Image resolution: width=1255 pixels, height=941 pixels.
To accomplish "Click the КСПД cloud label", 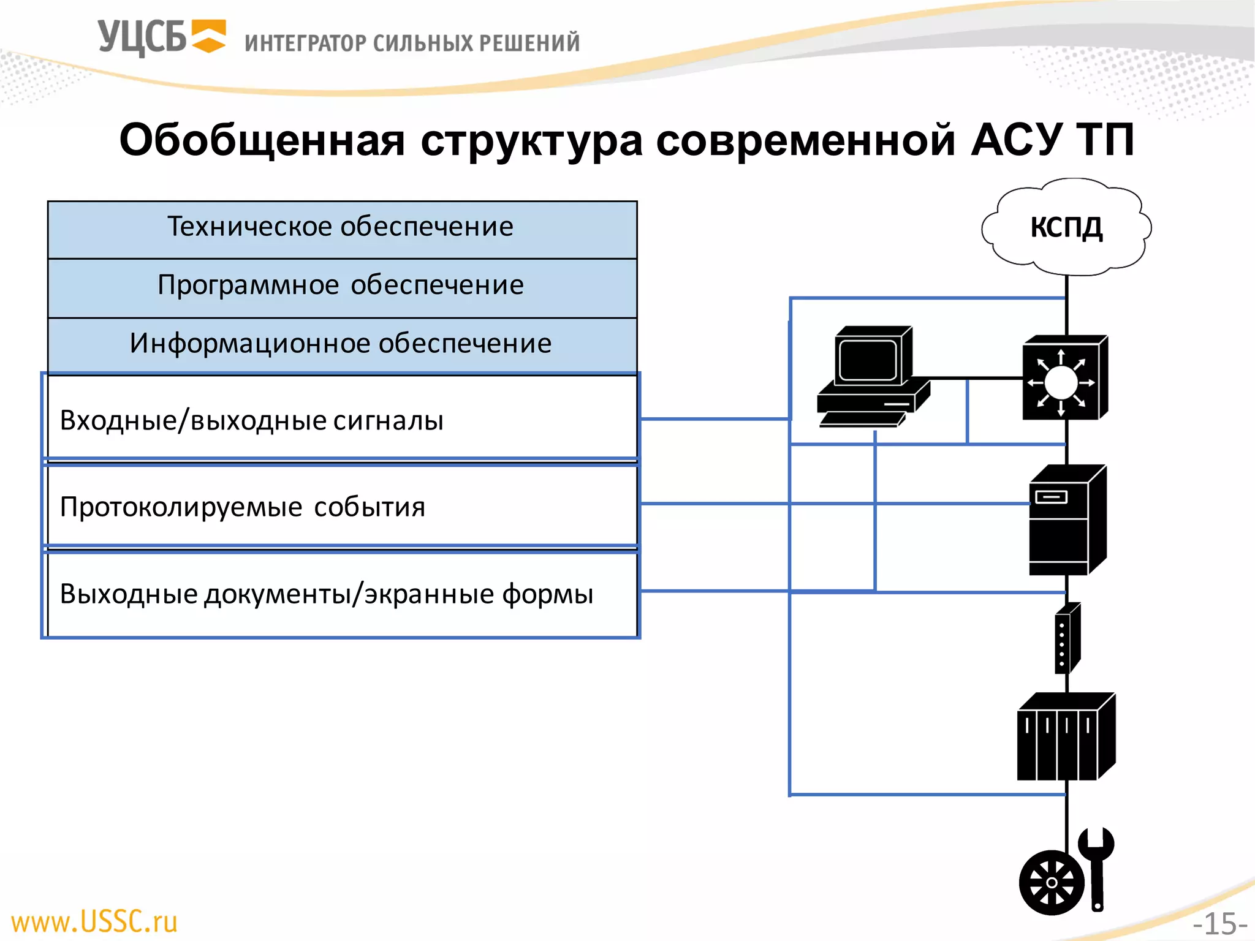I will [x=1066, y=227].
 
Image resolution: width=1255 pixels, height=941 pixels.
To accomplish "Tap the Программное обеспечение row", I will [x=341, y=286].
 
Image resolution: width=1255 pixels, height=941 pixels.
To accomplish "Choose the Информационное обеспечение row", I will [x=341, y=344].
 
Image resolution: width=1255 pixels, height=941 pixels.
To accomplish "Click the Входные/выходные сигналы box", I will [x=341, y=420].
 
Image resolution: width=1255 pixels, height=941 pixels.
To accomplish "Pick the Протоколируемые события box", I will [x=341, y=507].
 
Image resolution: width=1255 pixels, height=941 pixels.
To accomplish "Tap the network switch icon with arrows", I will [x=1064, y=378].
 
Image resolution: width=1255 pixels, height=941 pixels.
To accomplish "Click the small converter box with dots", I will [x=1067, y=639].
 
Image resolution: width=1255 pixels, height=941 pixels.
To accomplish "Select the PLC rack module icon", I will [x=1065, y=737].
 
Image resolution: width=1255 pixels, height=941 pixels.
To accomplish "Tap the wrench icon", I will [x=1096, y=867].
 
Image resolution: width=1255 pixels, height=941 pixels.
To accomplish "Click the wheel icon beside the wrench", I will [x=1051, y=883].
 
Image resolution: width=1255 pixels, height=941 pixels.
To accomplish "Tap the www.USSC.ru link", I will [x=94, y=921].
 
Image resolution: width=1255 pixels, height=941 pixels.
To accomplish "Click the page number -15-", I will [x=1219, y=923].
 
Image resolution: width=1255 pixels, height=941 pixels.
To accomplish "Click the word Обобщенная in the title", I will [x=262, y=140].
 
